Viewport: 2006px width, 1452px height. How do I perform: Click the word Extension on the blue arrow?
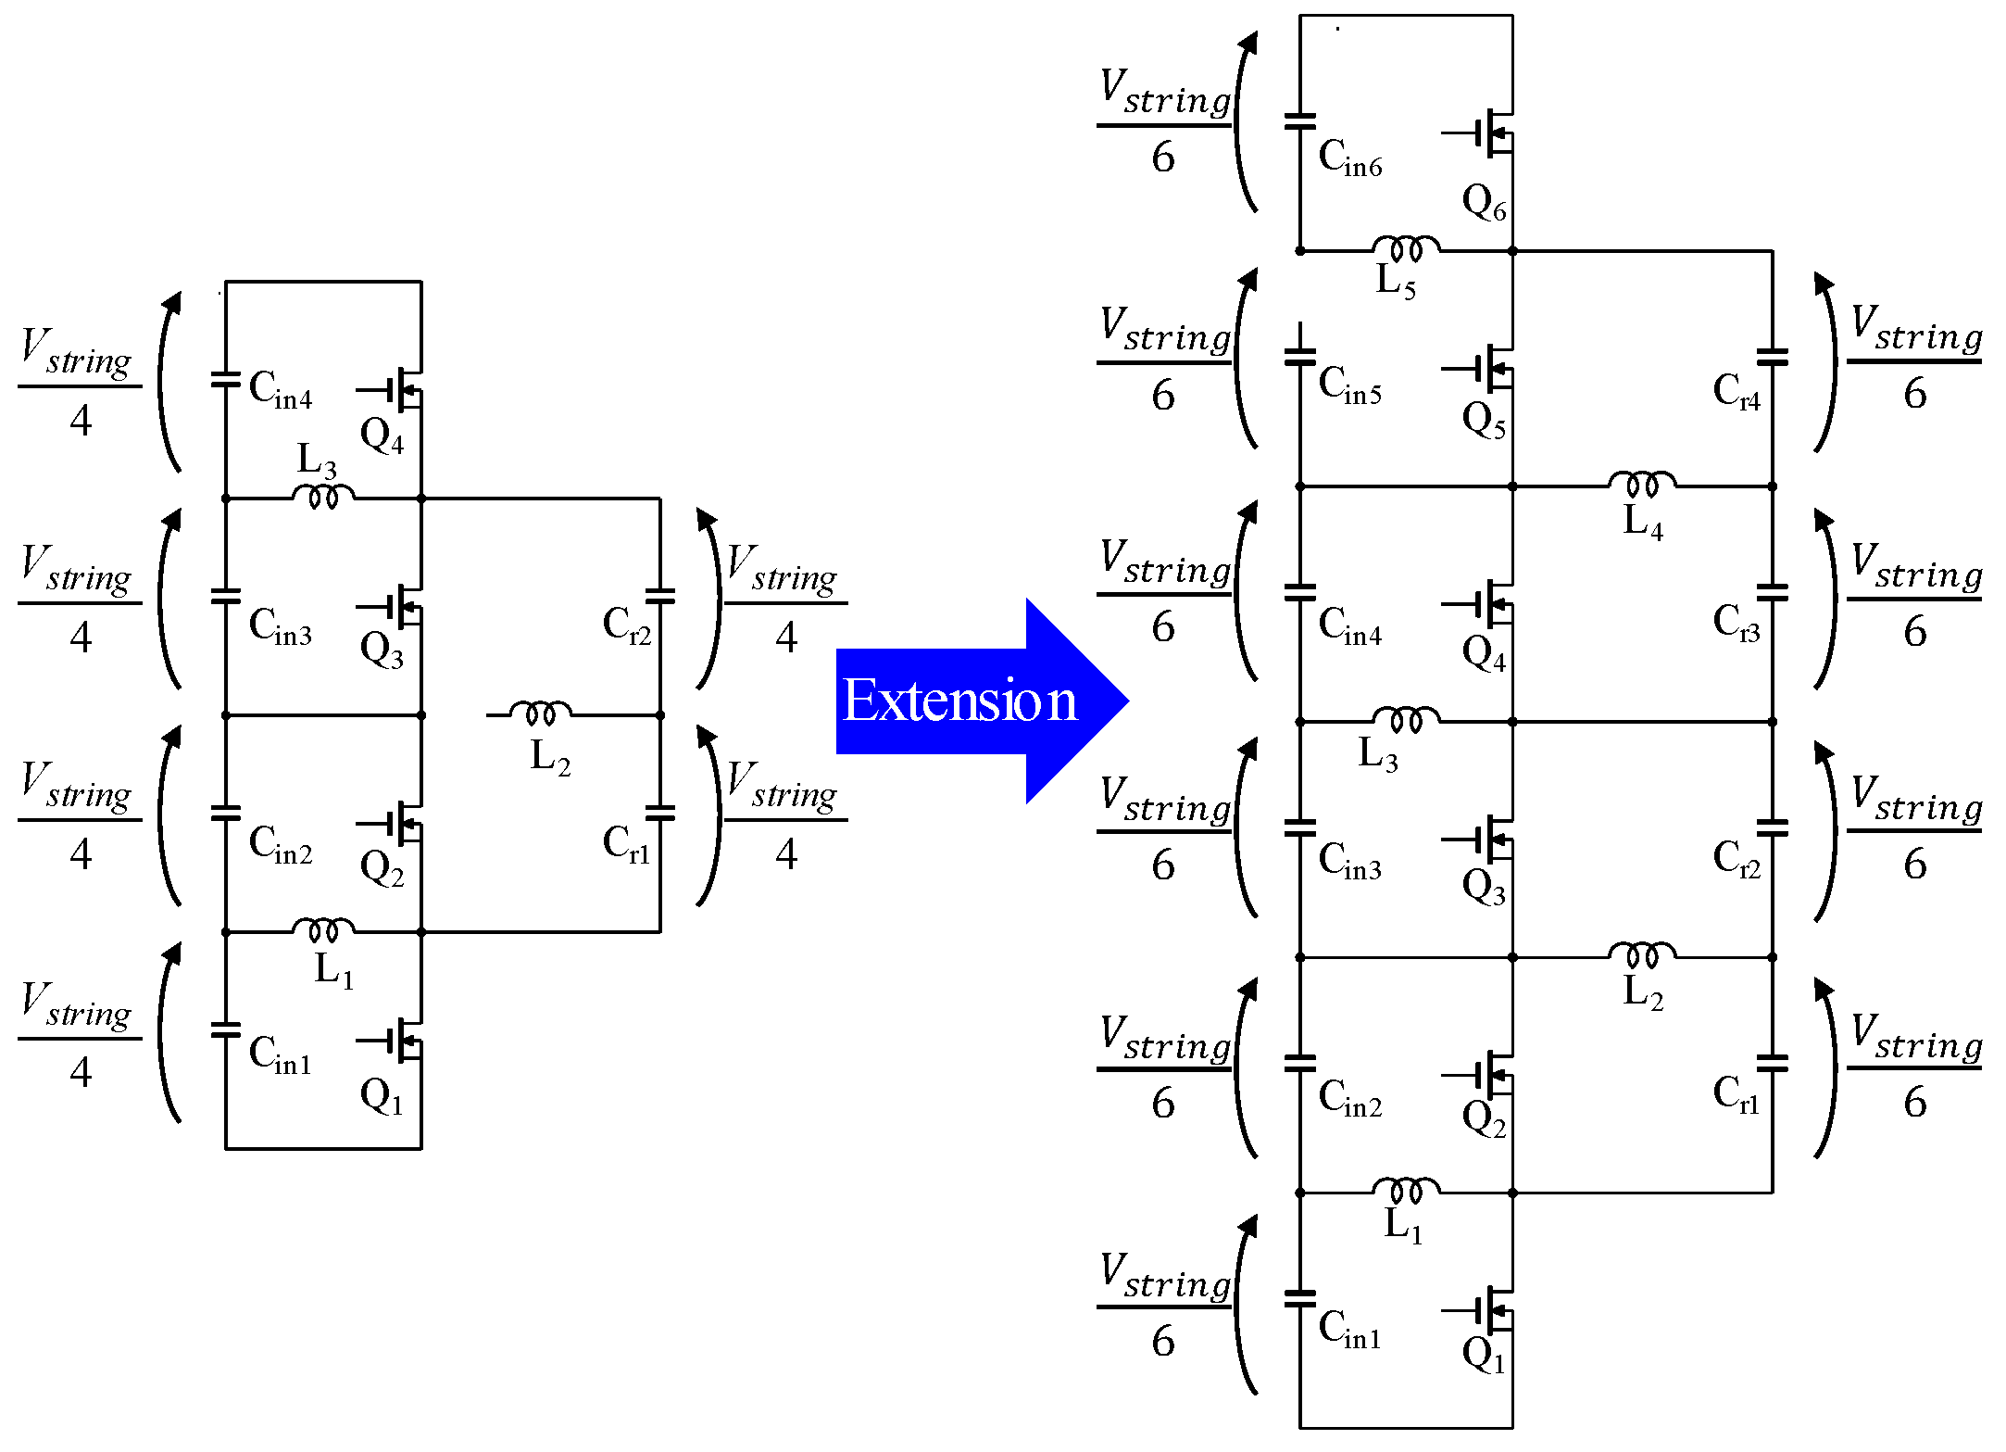pos(959,701)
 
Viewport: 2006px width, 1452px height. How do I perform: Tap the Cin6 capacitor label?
pos(1348,158)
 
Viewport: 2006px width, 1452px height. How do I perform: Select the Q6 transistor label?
pos(1483,201)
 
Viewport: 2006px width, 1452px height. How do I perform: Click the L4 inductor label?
pos(1642,521)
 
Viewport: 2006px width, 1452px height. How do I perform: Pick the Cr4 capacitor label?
pos(1736,391)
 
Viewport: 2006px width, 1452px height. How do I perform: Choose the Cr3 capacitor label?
pos(1736,622)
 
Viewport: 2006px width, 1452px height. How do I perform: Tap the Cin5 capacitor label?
pos(1348,385)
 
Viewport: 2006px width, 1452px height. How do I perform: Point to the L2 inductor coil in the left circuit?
pos(541,712)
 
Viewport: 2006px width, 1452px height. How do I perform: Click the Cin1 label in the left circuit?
pos(280,1054)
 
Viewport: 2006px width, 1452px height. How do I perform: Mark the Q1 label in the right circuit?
pos(1483,1355)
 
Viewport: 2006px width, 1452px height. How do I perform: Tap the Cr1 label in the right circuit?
pos(1736,1093)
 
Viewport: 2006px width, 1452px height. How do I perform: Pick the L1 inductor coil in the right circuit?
pos(1405,1189)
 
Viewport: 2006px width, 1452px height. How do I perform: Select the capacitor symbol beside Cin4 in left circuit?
pos(225,380)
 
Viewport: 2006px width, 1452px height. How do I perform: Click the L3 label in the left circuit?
pos(316,461)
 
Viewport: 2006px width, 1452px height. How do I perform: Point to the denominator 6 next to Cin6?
pos(1163,158)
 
